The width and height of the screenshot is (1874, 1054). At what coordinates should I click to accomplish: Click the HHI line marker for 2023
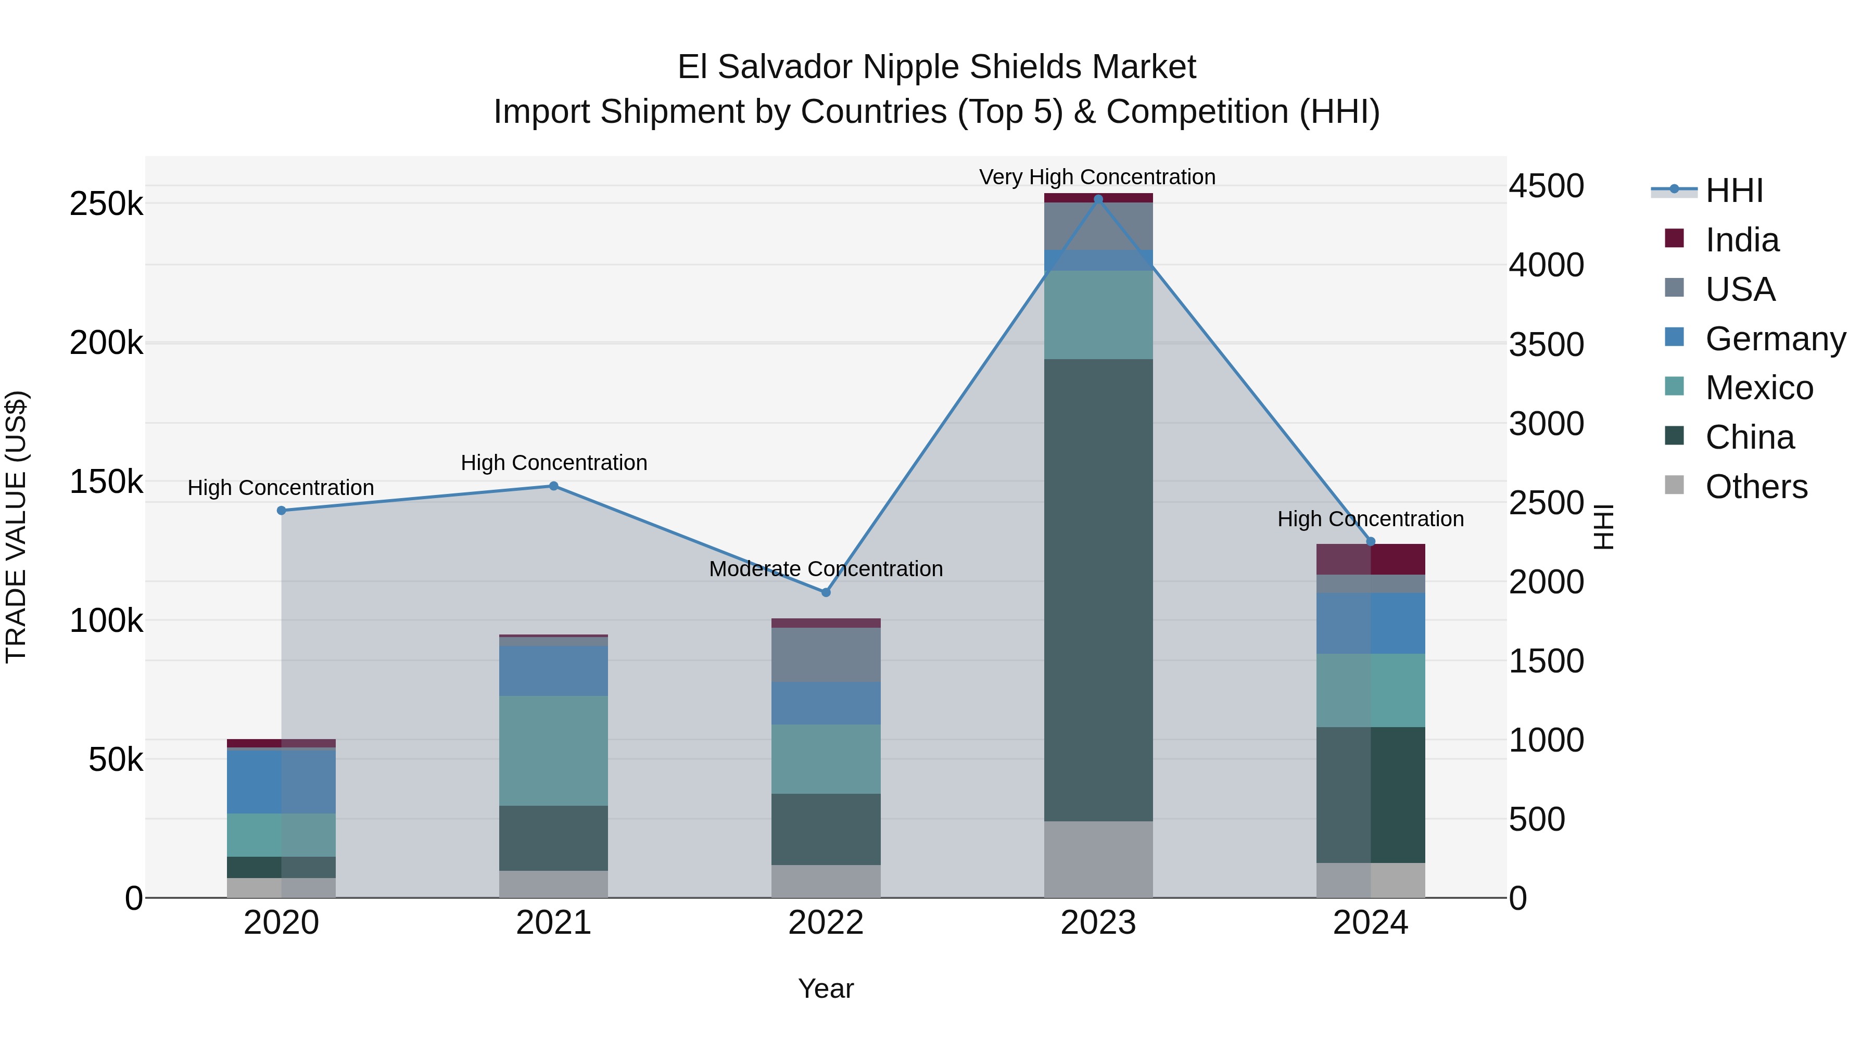click(x=1098, y=199)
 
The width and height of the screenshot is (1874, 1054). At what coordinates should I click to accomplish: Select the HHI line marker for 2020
click(x=282, y=511)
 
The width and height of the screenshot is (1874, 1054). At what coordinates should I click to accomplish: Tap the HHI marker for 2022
click(x=826, y=592)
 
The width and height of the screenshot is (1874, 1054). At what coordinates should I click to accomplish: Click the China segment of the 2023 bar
click(x=1098, y=589)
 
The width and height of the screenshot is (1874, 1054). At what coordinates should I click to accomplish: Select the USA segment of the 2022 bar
click(x=826, y=655)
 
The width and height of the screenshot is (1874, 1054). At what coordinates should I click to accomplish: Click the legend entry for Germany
click(x=1775, y=339)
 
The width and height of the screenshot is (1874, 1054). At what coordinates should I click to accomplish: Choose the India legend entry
click(x=1742, y=240)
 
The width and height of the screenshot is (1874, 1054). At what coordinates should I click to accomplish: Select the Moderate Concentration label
click(x=826, y=569)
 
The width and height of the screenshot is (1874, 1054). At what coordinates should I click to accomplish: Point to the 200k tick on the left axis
click(x=106, y=342)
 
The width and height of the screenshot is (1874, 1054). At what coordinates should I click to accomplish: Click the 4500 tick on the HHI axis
click(x=1546, y=186)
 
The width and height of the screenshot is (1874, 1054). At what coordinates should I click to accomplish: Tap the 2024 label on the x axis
click(x=1370, y=923)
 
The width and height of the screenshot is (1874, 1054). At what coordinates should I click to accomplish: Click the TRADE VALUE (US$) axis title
click(x=16, y=527)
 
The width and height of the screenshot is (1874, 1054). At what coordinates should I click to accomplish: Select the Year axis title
click(x=826, y=988)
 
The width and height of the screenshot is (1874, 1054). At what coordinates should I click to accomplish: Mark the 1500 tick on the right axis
click(x=1546, y=661)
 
